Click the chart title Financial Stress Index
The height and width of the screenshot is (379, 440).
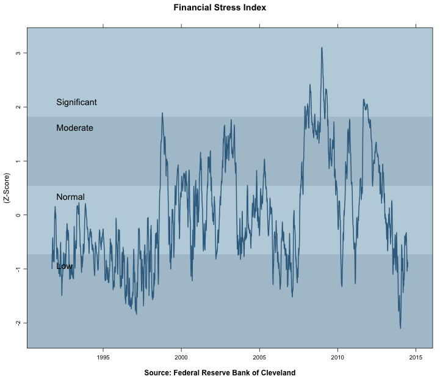[x=220, y=9]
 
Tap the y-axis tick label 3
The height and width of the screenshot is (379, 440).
[x=18, y=53]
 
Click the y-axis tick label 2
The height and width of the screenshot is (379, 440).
[x=18, y=107]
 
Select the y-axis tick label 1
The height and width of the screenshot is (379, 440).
[x=18, y=161]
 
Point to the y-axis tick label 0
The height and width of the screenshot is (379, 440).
[x=18, y=215]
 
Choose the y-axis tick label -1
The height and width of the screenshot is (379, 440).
[x=18, y=269]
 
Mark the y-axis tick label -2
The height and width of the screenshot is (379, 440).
[x=18, y=323]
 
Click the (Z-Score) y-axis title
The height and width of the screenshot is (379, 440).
[x=7, y=199]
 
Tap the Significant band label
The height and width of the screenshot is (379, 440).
[x=76, y=102]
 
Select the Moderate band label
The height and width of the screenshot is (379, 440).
[x=74, y=128]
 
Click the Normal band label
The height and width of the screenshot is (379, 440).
[x=70, y=197]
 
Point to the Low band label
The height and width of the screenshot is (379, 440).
[x=64, y=266]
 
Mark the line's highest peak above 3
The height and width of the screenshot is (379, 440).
[x=322, y=47]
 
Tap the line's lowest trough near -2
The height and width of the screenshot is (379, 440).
[x=400, y=328]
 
